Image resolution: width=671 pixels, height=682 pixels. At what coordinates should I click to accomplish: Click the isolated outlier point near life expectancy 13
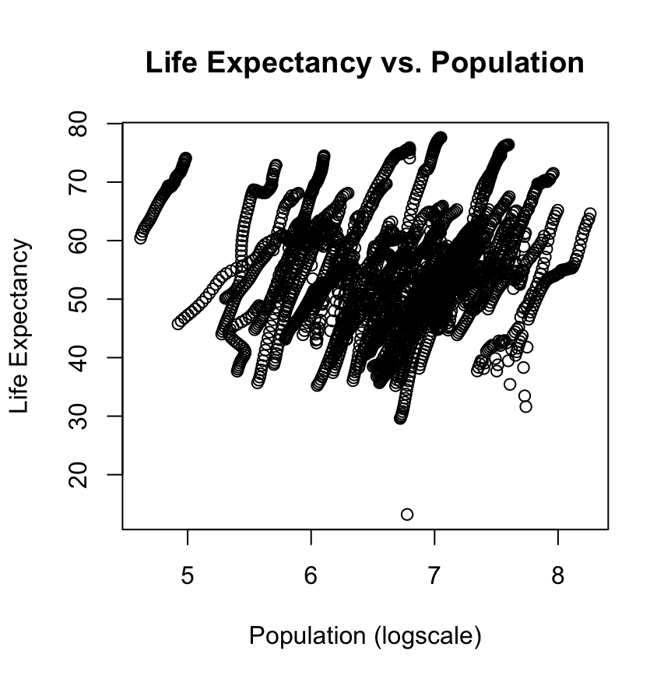pyautogui.click(x=406, y=514)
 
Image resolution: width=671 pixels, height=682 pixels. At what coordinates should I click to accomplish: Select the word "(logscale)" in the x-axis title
pyautogui.click(x=427, y=636)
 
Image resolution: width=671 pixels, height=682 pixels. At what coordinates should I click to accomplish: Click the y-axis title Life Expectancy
pyautogui.click(x=21, y=326)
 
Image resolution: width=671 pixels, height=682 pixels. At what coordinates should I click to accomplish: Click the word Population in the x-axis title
pyautogui.click(x=307, y=636)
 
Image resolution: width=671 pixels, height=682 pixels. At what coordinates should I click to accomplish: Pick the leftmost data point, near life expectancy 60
pyautogui.click(x=140, y=237)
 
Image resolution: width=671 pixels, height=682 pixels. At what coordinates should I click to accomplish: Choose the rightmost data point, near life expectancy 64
pyautogui.click(x=590, y=214)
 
